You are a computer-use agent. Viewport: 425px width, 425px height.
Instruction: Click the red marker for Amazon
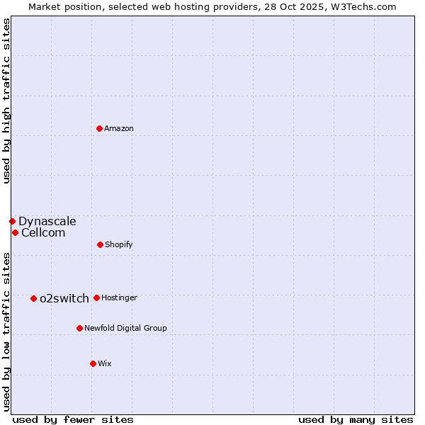[x=100, y=128]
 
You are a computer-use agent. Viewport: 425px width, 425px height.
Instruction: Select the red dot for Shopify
[x=100, y=244]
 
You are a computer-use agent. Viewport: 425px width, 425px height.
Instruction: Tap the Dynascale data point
[x=12, y=221]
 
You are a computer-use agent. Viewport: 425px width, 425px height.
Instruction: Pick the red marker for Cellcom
[x=15, y=232]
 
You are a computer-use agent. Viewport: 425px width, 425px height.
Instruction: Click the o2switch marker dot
[x=33, y=298]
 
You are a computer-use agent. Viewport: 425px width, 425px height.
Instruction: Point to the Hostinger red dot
[x=96, y=297]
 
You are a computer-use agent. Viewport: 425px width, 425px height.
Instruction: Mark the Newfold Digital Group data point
[x=79, y=328]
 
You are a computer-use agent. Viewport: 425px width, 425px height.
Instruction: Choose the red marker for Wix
[x=93, y=363]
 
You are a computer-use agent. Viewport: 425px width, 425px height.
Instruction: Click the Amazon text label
[x=119, y=128]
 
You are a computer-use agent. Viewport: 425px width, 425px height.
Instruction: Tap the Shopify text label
[x=119, y=244]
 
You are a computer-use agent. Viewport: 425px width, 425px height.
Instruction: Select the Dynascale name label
[x=47, y=221]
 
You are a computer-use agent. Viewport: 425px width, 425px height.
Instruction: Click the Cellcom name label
[x=43, y=232]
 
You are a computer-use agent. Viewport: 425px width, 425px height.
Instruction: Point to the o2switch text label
[x=64, y=298]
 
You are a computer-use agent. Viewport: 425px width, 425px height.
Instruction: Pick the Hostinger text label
[x=119, y=297]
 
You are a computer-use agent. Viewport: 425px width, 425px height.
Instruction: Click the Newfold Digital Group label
[x=125, y=328]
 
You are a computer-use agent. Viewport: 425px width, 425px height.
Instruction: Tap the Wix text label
[x=105, y=363]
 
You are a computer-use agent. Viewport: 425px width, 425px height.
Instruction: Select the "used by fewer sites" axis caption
[x=73, y=419]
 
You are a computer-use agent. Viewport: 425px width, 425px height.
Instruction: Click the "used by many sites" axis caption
[x=356, y=419]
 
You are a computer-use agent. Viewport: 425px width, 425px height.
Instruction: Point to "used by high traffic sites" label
[x=6, y=101]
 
